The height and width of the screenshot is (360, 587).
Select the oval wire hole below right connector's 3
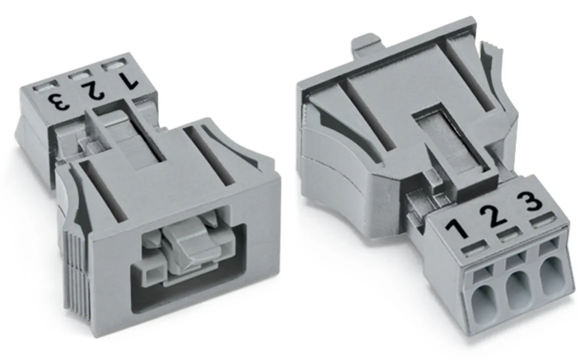click(550, 278)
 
